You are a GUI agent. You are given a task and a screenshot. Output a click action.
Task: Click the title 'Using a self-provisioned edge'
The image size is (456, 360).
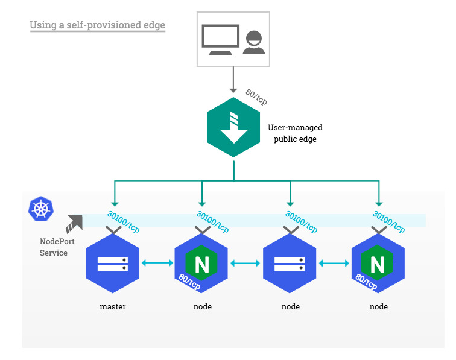[x=97, y=25]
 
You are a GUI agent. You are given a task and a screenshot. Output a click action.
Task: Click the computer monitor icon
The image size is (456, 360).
[x=220, y=39]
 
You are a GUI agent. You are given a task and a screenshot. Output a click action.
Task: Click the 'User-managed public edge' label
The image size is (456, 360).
[x=295, y=133]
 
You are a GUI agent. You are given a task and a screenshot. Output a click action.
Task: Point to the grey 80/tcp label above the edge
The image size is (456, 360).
[x=256, y=96]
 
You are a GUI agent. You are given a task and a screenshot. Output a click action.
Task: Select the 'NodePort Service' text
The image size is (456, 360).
[x=54, y=247]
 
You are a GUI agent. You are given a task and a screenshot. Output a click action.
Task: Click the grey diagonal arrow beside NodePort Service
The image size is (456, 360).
[x=75, y=223]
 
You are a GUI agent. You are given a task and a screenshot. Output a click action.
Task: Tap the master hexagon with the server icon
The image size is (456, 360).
[x=113, y=264]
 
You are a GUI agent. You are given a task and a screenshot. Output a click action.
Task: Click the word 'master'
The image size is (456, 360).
[x=113, y=307]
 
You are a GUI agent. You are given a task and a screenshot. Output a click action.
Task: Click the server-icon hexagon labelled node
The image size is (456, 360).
[x=290, y=264]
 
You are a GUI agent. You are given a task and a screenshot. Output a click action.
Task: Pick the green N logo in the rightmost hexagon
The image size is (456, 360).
[x=377, y=264]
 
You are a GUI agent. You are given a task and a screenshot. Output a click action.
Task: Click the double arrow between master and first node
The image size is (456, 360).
[x=156, y=263]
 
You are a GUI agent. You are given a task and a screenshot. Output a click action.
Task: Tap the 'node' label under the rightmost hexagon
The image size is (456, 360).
[x=378, y=307]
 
